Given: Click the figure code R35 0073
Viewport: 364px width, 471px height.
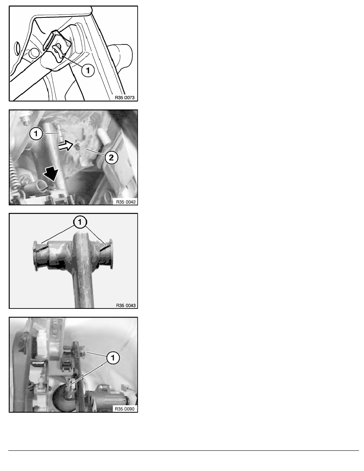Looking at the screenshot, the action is [x=125, y=98].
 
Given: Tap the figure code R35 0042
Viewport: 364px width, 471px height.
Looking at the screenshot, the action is [x=126, y=202].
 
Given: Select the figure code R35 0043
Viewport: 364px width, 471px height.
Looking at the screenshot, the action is [x=126, y=306].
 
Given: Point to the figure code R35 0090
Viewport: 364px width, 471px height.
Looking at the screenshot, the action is [x=125, y=409].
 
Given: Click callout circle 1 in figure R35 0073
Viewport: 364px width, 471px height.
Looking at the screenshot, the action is [x=88, y=71].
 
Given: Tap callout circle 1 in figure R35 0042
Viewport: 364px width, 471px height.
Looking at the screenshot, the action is [x=36, y=134].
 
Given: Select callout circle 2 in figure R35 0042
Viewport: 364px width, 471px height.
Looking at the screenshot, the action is [x=111, y=157].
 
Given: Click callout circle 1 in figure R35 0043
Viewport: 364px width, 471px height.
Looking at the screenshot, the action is [x=80, y=222].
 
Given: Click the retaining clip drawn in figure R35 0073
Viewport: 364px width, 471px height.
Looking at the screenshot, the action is [x=57, y=46].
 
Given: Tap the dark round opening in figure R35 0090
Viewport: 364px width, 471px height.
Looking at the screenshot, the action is [x=64, y=398].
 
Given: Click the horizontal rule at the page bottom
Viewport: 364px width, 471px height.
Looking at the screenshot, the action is [x=184, y=450].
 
